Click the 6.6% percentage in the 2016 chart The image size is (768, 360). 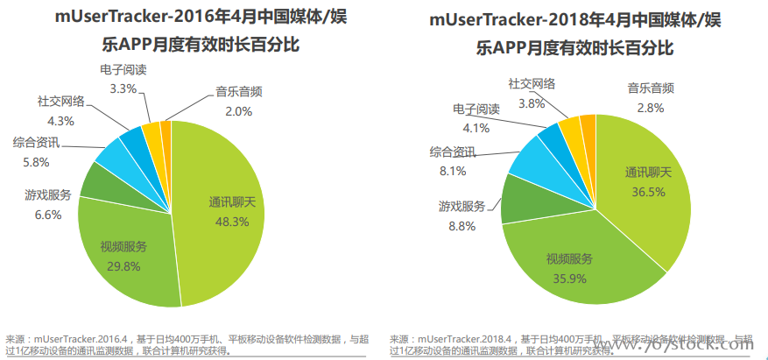coord(42,214)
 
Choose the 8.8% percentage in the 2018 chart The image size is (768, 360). coord(462,226)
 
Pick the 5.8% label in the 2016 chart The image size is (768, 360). coord(36,162)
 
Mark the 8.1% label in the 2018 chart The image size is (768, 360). coord(452,171)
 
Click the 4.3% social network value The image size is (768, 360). coord(60,121)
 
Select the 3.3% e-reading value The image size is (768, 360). coord(123,88)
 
